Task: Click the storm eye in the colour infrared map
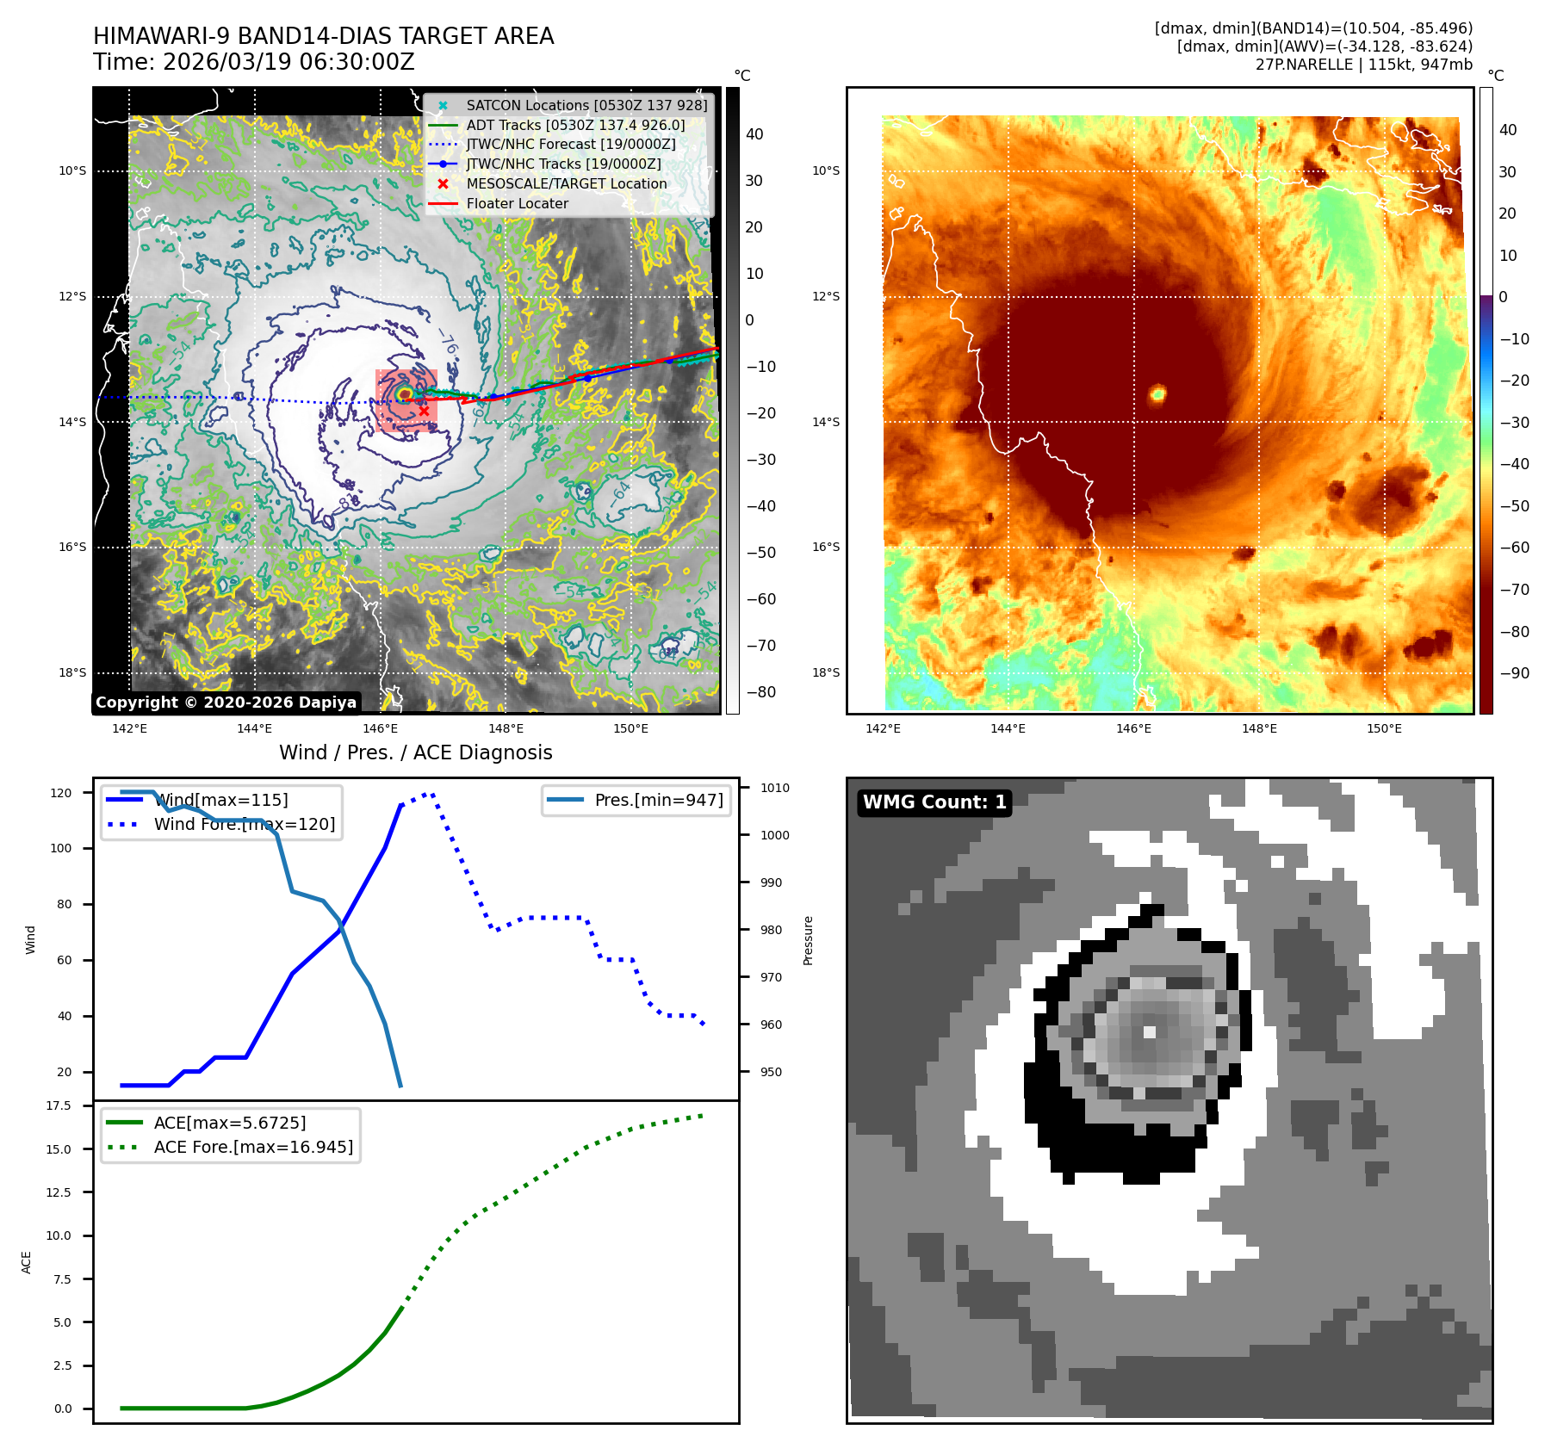point(1157,394)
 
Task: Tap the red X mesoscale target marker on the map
point(424,412)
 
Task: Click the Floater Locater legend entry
point(517,204)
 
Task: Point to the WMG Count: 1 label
point(934,802)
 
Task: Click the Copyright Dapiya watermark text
point(226,703)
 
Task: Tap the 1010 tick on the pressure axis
point(774,788)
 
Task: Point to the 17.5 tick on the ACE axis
point(59,1105)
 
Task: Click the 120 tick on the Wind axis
point(61,793)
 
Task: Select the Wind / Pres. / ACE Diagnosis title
point(415,752)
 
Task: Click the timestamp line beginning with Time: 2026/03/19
point(254,62)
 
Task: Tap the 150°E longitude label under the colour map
point(1384,728)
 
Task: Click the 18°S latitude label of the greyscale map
point(72,672)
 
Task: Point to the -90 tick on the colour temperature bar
point(1514,673)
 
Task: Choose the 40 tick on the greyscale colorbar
point(754,134)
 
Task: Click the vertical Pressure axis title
point(808,940)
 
